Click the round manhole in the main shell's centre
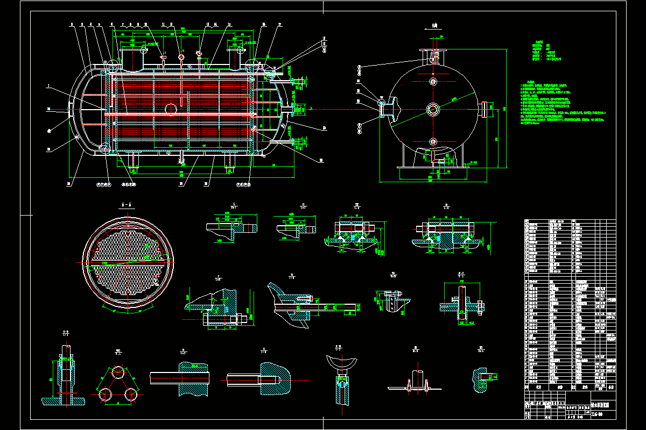click(171, 109)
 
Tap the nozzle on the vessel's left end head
click(71, 108)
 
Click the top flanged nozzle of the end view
click(432, 56)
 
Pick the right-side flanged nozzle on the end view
click(485, 109)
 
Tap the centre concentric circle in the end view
click(433, 109)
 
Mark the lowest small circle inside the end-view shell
click(433, 142)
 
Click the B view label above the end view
click(432, 25)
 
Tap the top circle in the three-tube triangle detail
click(117, 372)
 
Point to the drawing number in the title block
click(598, 413)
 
